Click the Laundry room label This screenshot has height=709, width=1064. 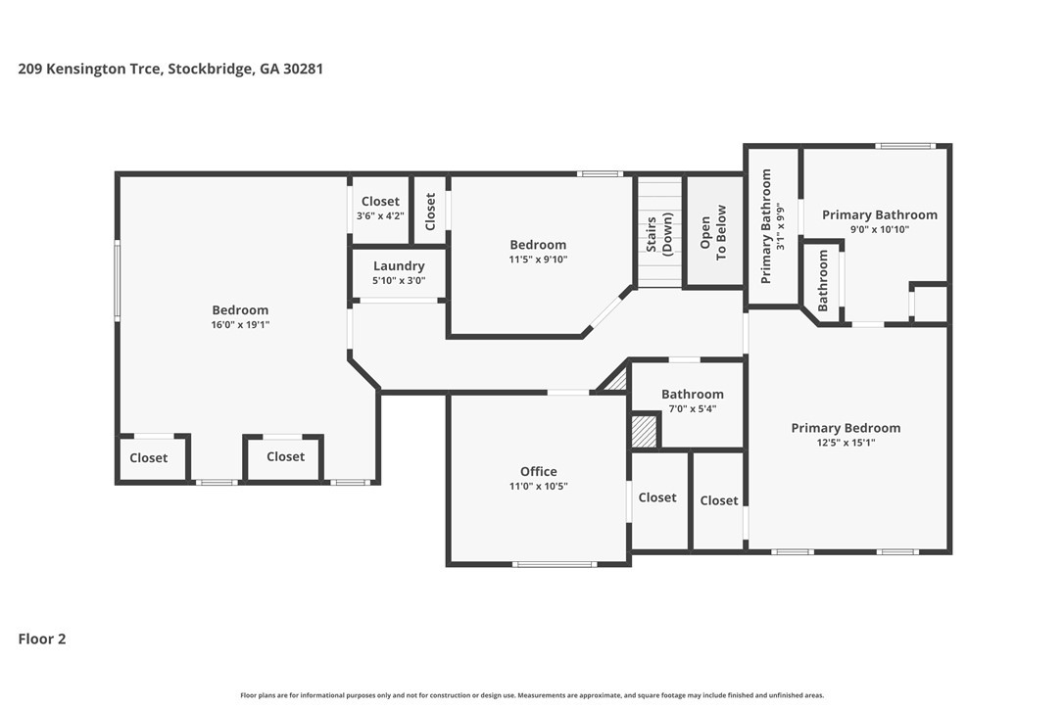click(x=399, y=266)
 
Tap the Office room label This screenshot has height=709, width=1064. click(x=539, y=471)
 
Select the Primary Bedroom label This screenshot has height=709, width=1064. click(x=846, y=427)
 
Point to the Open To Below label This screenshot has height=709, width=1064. click(x=712, y=232)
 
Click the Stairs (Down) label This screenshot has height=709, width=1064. click(x=659, y=234)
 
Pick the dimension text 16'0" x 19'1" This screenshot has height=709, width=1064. click(x=240, y=325)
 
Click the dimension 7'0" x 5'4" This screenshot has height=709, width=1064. click(x=693, y=408)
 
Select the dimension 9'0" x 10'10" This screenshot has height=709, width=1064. click(x=880, y=229)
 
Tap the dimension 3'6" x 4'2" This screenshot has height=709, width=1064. click(x=380, y=215)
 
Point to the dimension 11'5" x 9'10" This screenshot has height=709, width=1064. click(x=538, y=260)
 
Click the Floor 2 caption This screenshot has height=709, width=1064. click(x=42, y=638)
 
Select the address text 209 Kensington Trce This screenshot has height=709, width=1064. click(x=90, y=69)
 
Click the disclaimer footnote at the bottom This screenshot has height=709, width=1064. click(x=532, y=694)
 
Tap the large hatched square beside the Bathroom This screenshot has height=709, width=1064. click(x=645, y=432)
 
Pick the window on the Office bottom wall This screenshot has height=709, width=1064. click(x=556, y=564)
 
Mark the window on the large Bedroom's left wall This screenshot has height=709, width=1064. click(x=118, y=280)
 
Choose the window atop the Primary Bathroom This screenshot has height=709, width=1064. click(x=905, y=146)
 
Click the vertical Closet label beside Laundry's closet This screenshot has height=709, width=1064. click(x=430, y=211)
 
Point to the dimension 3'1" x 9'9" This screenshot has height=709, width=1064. click(x=781, y=226)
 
